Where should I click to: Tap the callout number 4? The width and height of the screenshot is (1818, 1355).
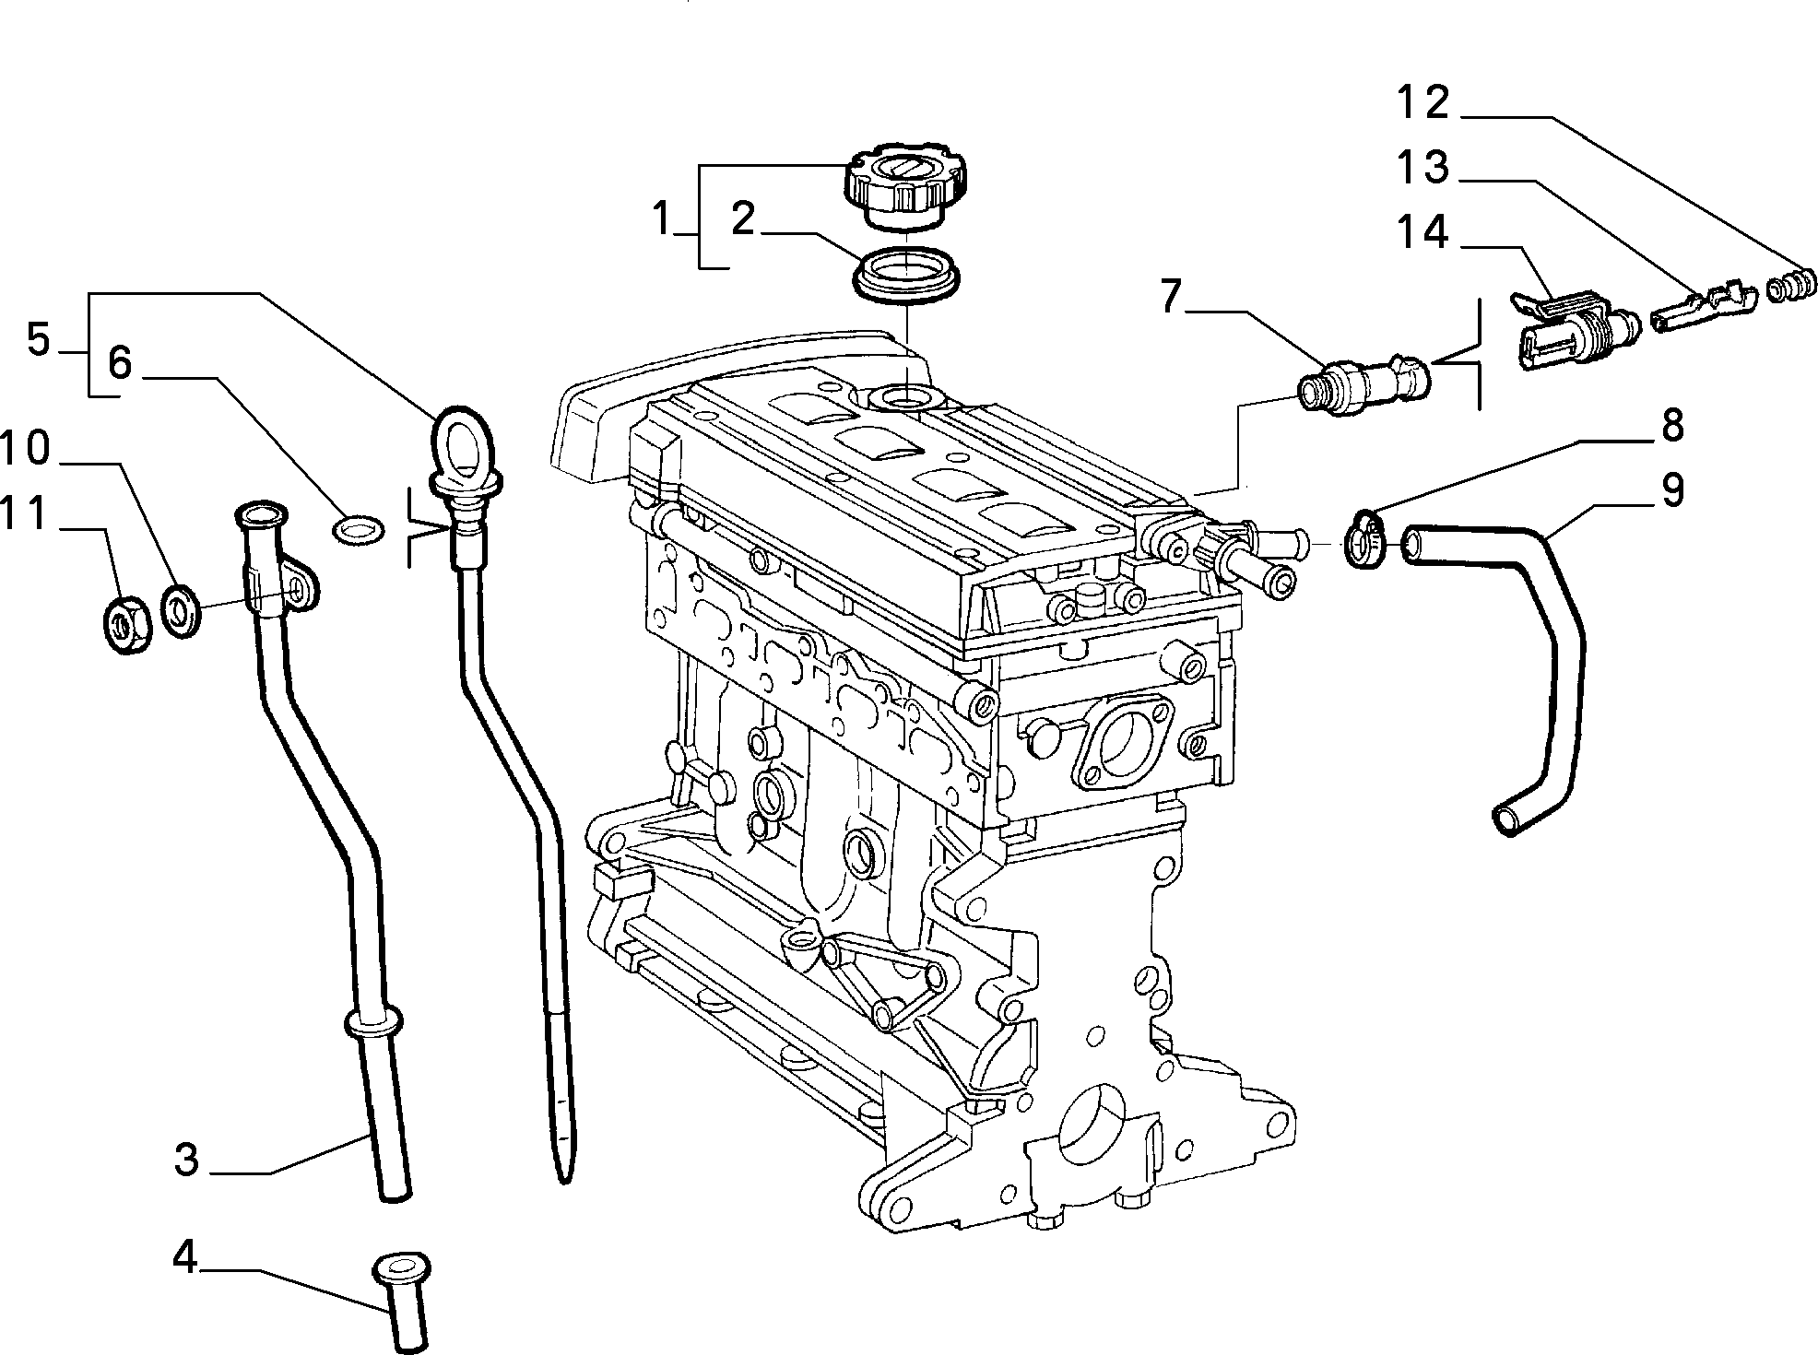[x=185, y=1257]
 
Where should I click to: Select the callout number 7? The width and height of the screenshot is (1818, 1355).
[x=1170, y=298]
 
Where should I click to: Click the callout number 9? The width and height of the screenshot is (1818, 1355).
[x=1671, y=490]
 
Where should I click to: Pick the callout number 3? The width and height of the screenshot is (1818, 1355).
[x=186, y=1159]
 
